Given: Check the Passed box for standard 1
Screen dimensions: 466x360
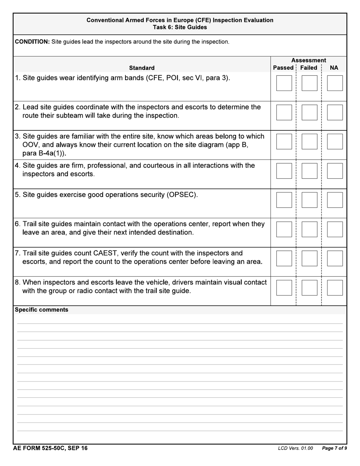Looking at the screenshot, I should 284,83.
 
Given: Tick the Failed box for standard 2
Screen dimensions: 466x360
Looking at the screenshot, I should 309,112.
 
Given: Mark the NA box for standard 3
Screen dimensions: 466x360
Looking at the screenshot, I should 335,141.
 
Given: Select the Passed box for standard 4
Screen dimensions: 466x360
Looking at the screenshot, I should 284,171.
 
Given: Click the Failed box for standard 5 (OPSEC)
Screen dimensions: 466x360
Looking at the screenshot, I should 309,200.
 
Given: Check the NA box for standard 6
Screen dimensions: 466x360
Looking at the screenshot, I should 335,229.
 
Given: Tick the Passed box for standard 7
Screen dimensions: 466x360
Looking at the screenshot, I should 284,258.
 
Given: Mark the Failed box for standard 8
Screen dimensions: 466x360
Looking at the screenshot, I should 309,288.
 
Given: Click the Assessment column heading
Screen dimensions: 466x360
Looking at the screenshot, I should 308,60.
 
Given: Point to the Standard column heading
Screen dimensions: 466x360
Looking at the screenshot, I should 142,68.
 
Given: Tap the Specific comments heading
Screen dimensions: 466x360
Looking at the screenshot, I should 41,310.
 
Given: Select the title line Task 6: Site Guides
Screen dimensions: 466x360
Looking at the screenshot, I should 180,27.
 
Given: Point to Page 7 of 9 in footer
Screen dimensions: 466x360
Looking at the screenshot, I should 334,449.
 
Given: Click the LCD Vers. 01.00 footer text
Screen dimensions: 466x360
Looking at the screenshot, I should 295,449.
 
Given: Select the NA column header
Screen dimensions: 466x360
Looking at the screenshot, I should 334,68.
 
